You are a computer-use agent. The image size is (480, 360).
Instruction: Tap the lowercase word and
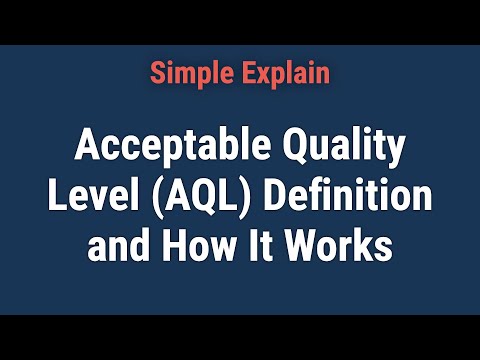116,243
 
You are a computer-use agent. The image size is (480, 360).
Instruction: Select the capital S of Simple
158,73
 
